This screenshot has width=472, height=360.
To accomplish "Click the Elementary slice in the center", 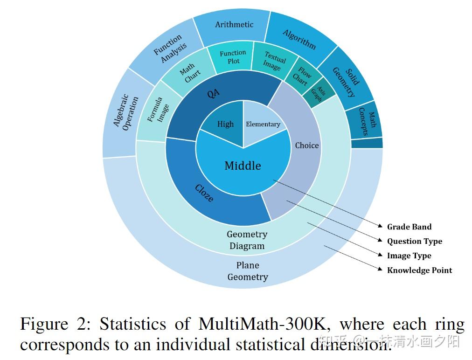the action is (263, 124).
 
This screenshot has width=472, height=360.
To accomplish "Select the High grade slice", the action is (225, 124).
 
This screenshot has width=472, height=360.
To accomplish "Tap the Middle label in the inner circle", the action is (243, 166).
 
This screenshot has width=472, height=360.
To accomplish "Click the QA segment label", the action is (213, 93).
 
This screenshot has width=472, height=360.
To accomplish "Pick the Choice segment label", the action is (306, 145).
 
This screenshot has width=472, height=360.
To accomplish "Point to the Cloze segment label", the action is (204, 194).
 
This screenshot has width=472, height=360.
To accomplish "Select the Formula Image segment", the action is (158, 110).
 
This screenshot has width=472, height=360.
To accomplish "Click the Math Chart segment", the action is (190, 73).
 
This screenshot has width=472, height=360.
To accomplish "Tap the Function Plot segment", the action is (233, 57).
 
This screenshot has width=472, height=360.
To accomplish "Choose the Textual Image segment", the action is (274, 62).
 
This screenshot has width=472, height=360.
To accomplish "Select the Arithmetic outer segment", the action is (234, 24).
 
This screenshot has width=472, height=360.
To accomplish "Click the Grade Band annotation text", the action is (409, 227).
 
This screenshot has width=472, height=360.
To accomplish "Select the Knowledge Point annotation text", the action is (419, 270).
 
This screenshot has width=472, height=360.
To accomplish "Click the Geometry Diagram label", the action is (247, 240).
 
